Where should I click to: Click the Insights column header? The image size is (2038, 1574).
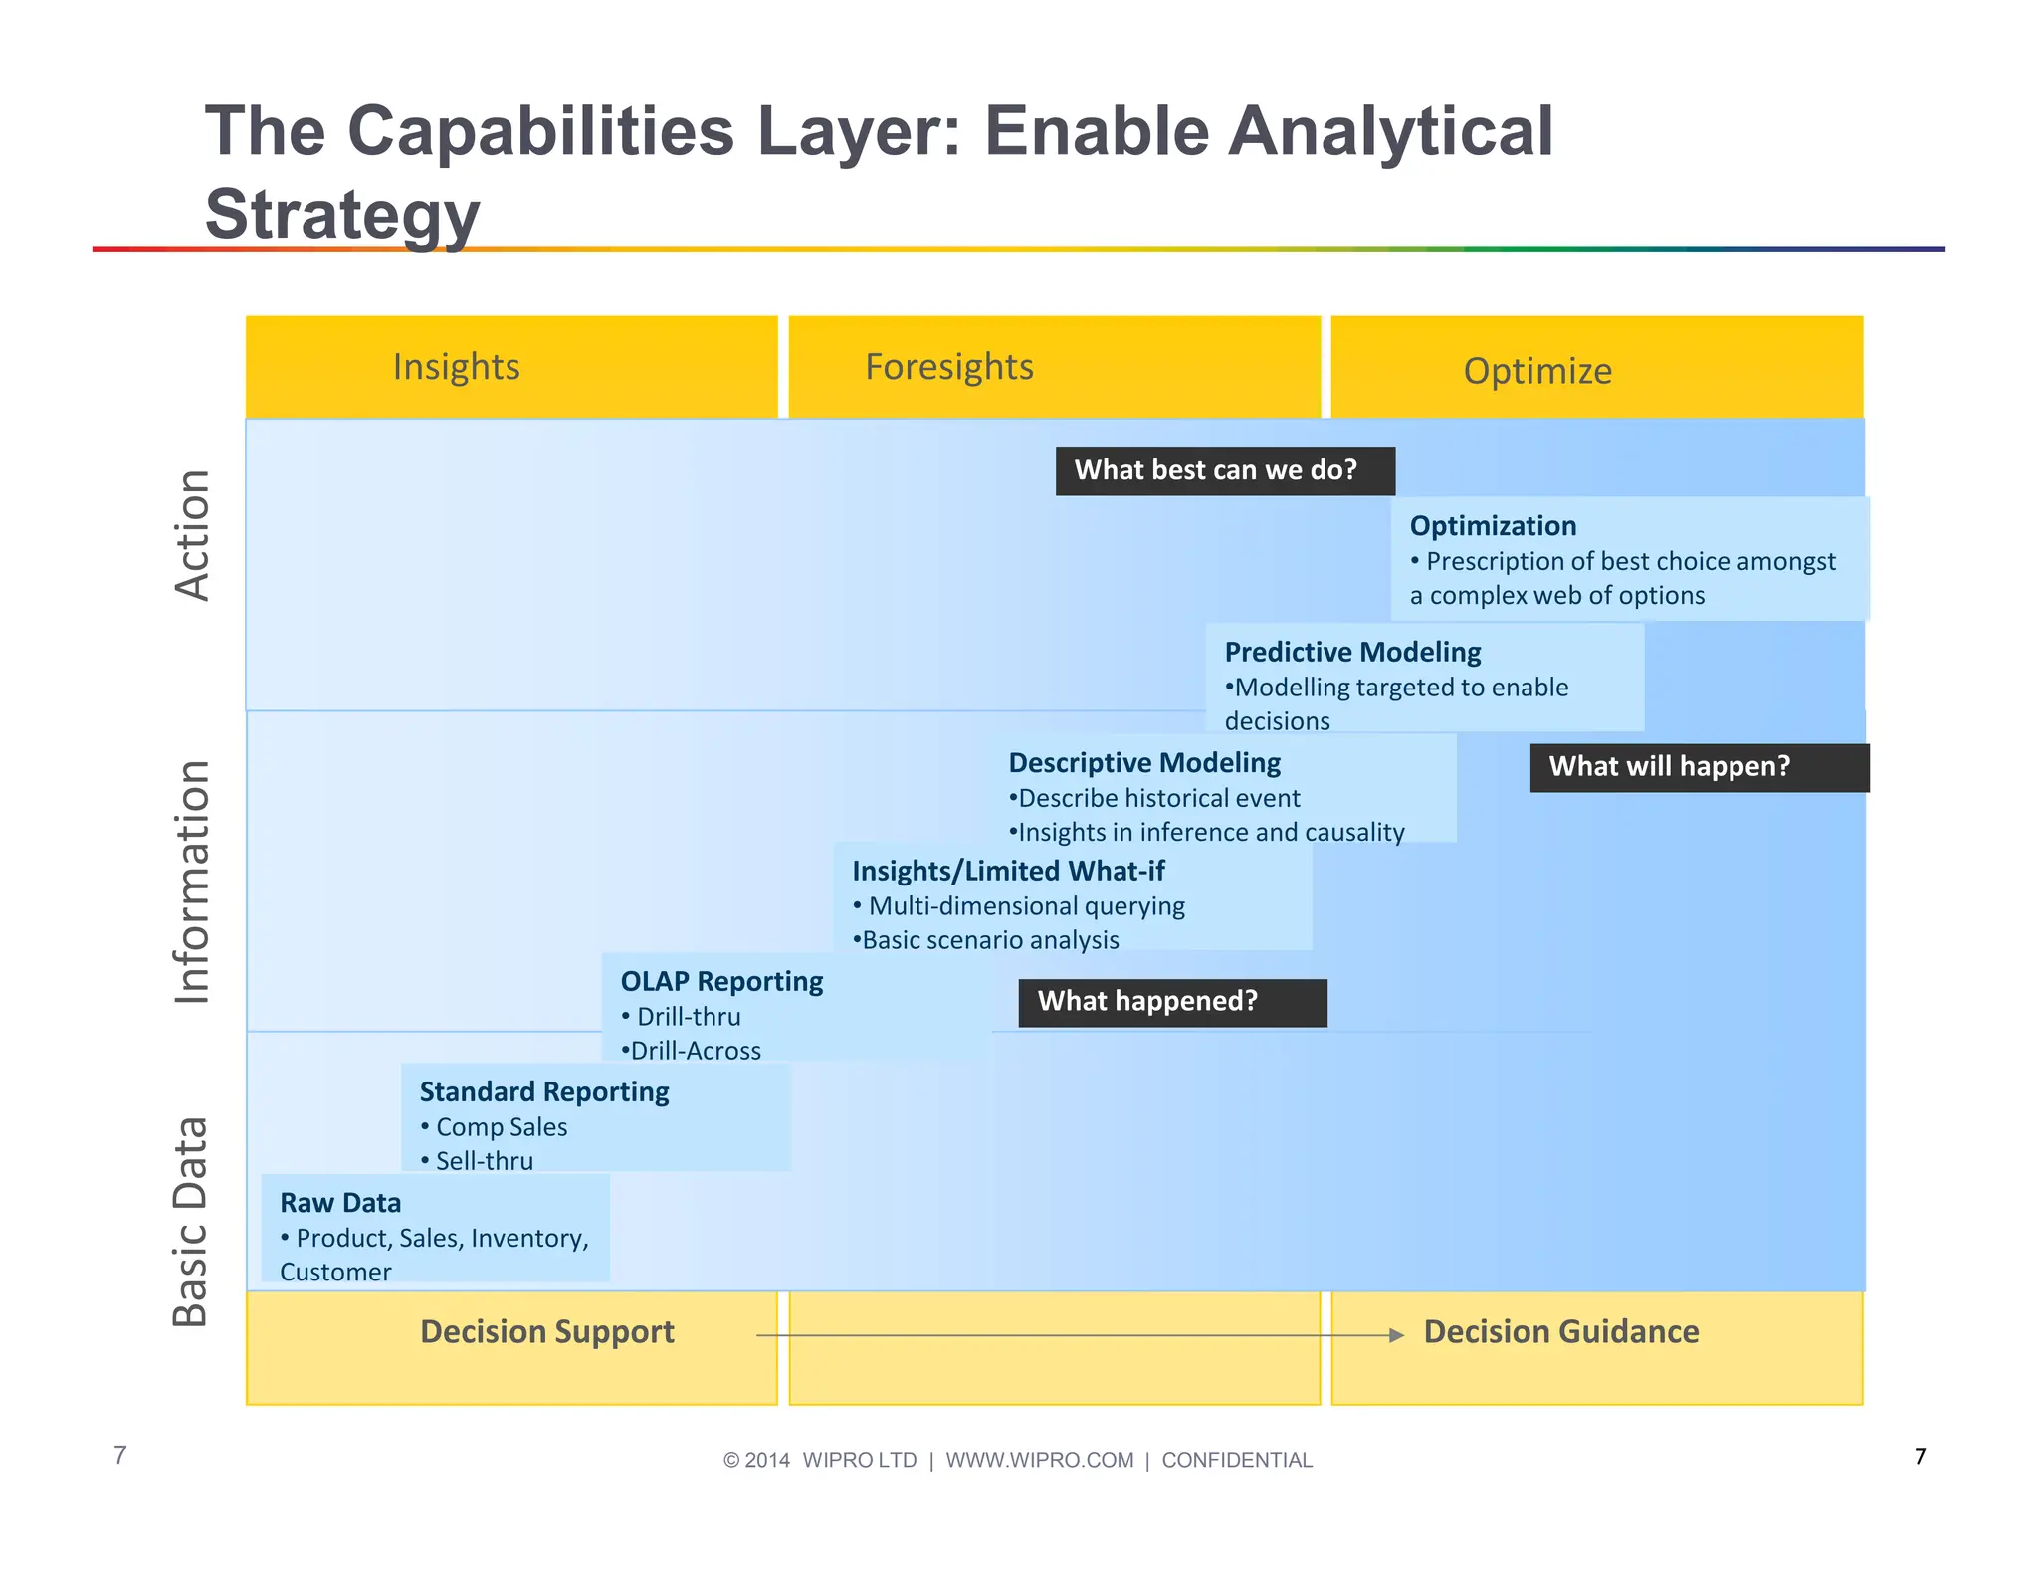point(456,367)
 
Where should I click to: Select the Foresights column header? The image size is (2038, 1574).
point(949,367)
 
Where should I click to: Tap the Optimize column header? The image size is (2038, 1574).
point(1536,371)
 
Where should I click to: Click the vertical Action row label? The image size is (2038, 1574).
point(192,534)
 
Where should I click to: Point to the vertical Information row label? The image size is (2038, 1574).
point(192,882)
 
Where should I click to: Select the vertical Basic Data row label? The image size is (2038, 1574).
point(190,1222)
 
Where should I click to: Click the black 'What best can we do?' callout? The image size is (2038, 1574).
point(1224,471)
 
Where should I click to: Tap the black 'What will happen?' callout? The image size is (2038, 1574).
point(1698,767)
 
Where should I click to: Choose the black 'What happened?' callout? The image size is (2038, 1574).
point(1171,1002)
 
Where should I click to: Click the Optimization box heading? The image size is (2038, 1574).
point(1493,525)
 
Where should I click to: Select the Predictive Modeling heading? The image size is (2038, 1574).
point(1352,652)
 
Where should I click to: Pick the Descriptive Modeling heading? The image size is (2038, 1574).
point(1144,763)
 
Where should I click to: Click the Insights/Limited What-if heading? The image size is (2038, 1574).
point(1008,871)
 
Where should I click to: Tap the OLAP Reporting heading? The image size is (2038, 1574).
point(721,981)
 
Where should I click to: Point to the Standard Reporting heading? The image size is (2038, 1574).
point(544,1091)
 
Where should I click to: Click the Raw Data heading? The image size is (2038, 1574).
point(340,1203)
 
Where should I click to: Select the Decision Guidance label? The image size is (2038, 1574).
point(1560,1331)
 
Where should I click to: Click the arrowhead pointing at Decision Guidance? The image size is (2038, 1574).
point(1396,1335)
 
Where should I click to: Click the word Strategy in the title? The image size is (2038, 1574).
point(342,214)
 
